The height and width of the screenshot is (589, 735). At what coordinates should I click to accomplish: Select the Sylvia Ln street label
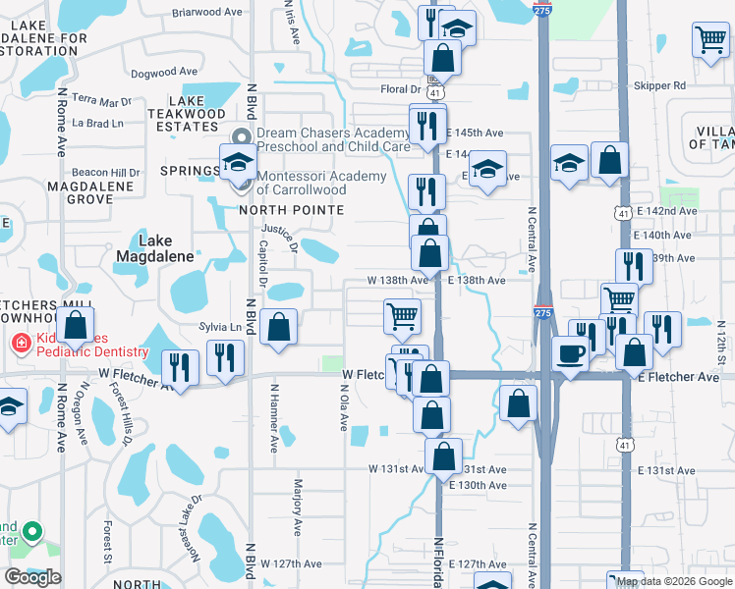(220, 327)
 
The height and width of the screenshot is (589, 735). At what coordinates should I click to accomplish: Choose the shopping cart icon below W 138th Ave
(402, 316)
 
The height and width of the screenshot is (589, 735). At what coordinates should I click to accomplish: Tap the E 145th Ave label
(475, 133)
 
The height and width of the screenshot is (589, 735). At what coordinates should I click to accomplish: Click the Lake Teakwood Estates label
(198, 113)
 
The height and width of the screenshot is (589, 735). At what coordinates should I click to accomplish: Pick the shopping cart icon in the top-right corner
(710, 40)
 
